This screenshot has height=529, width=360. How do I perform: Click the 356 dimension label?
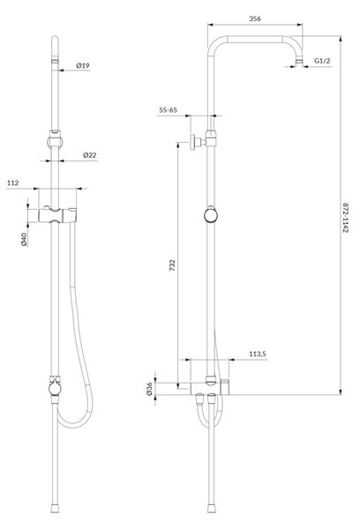255,19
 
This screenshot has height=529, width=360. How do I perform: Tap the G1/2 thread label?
322,61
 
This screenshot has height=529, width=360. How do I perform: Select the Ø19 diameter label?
83,65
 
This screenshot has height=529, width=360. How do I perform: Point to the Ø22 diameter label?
89,155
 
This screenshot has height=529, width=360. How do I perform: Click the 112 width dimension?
13,183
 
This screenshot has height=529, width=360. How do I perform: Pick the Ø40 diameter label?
24,239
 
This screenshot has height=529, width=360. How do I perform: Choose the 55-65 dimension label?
168,110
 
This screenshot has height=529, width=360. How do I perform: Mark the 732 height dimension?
172,265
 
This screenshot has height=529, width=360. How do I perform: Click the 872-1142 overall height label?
345,218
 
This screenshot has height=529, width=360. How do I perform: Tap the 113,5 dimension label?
258,354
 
